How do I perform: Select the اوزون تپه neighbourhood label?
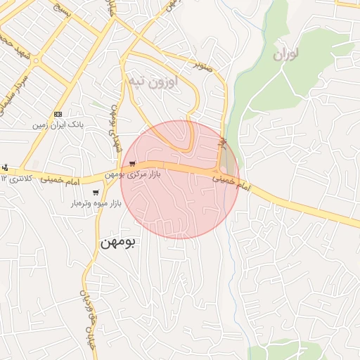click(x=153, y=82)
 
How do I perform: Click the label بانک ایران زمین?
click(x=58, y=124)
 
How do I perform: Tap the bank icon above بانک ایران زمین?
click(x=58, y=114)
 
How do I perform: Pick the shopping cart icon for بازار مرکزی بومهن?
click(x=132, y=164)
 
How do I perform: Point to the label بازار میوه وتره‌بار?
click(x=96, y=203)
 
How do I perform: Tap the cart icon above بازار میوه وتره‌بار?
click(x=96, y=193)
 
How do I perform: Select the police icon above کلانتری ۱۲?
click(x=5, y=167)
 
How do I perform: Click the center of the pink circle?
click(x=180, y=179)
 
